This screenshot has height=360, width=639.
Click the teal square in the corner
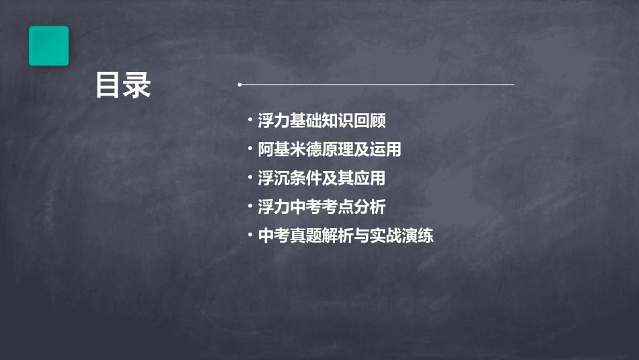point(48,46)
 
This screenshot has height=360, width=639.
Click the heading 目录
point(123,86)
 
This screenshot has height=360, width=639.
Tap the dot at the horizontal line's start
point(239,85)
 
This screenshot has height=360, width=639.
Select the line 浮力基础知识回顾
point(322,121)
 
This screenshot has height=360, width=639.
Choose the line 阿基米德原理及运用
point(330,149)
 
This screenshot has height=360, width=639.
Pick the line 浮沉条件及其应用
point(322,178)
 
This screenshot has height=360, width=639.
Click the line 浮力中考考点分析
point(322,207)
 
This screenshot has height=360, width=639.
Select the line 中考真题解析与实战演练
point(346,236)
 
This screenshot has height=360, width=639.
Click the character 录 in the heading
point(137,86)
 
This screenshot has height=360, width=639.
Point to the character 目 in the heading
point(108,86)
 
